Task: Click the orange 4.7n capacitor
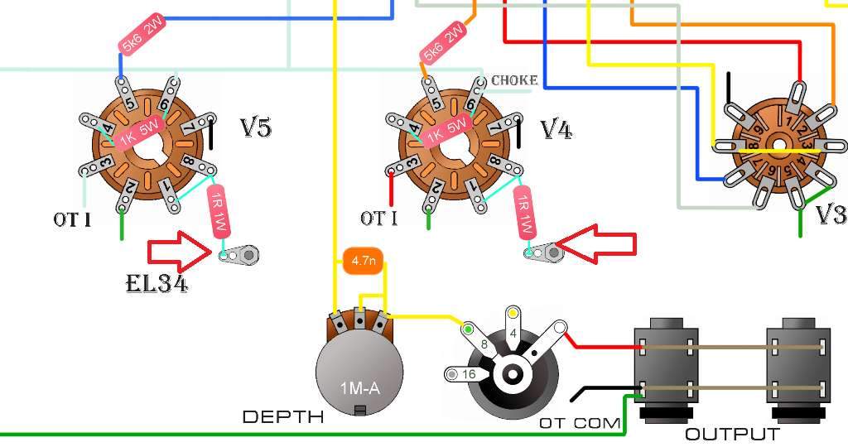(363, 262)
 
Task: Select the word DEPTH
(282, 416)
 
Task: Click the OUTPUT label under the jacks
(732, 434)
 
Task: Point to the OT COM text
(580, 423)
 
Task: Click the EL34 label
(157, 285)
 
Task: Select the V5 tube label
(256, 127)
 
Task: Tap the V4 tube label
(556, 129)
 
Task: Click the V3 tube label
(830, 214)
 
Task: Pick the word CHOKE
(514, 80)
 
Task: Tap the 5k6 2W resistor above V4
(444, 43)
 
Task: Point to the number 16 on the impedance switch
(468, 374)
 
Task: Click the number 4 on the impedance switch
(513, 334)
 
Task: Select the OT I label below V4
(378, 219)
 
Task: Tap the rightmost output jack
(798, 368)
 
